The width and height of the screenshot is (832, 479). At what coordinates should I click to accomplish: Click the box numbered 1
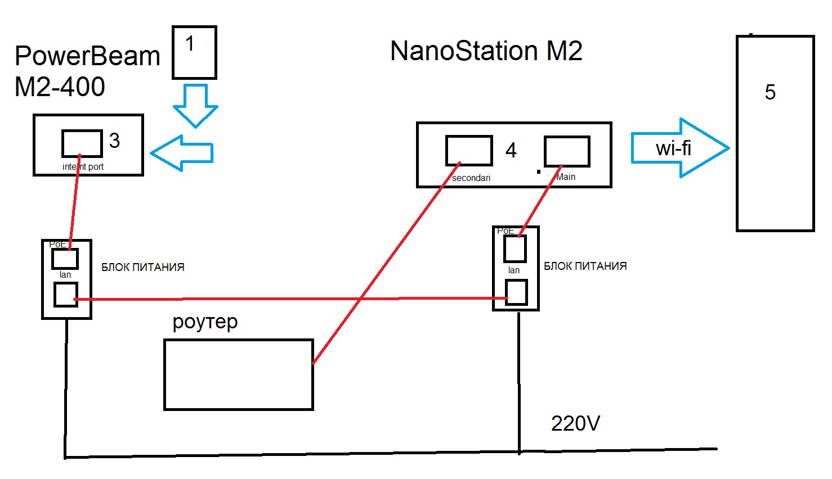click(x=194, y=52)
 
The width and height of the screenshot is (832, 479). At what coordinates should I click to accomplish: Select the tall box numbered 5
click(x=775, y=133)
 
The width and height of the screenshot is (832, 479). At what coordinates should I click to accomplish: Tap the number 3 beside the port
click(x=115, y=141)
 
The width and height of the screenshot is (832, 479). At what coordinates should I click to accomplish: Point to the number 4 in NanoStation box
click(x=511, y=150)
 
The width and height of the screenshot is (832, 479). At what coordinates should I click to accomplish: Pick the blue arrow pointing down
click(x=195, y=105)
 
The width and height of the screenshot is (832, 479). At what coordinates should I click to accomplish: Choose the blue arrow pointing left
click(x=181, y=153)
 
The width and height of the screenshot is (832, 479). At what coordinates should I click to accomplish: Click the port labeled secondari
click(x=469, y=150)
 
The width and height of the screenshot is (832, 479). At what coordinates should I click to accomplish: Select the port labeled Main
click(x=567, y=151)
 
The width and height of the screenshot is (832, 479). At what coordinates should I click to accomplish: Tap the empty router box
click(x=238, y=374)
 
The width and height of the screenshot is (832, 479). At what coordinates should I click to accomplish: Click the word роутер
click(x=205, y=322)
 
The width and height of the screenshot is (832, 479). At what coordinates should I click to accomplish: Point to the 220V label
click(x=575, y=423)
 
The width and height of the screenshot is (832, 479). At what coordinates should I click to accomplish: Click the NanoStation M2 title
click(x=486, y=51)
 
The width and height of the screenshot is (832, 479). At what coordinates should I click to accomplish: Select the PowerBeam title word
click(x=87, y=56)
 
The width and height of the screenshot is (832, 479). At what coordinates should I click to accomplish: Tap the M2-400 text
click(x=60, y=87)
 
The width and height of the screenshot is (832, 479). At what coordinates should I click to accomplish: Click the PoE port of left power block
click(x=65, y=259)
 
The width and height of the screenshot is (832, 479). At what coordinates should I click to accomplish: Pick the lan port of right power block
click(x=516, y=292)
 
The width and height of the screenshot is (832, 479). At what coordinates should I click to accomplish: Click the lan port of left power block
click(x=65, y=295)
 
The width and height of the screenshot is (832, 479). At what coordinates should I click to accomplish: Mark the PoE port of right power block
click(x=515, y=249)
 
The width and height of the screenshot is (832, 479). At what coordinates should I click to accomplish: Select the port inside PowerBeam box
click(x=82, y=143)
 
